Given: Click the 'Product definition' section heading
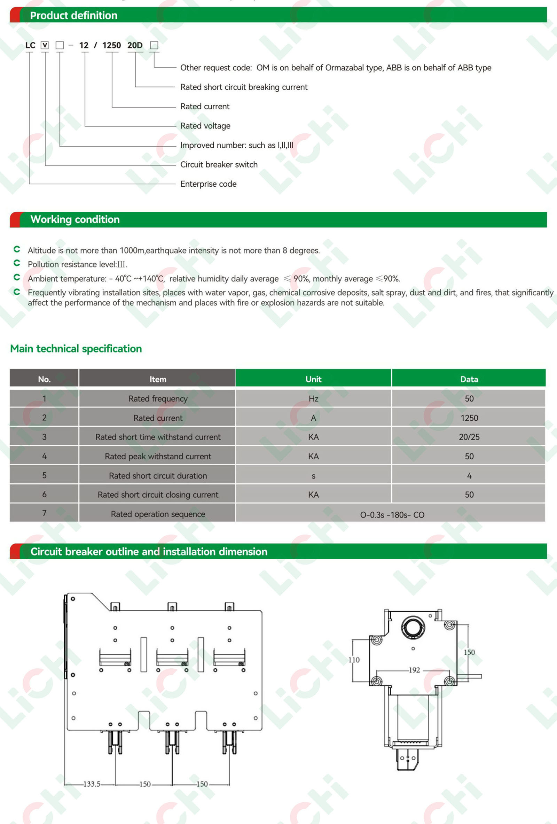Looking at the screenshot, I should tap(73, 15).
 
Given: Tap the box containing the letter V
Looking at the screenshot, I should tap(45, 45).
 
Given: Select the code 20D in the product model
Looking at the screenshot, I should tap(135, 45).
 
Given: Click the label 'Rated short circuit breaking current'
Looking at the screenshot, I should tap(244, 87).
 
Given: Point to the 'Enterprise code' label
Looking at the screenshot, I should tap(208, 184).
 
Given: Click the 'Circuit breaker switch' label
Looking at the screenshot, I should tap(219, 164).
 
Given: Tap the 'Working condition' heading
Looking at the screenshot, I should tap(75, 219).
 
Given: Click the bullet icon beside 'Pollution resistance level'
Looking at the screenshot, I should tap(17, 263).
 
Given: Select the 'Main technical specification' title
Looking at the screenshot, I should tap(76, 349).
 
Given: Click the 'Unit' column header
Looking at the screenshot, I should tap(313, 379).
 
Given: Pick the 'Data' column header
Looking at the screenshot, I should tap(469, 379).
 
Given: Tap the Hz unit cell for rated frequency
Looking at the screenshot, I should tap(313, 398).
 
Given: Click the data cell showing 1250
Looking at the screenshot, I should tap(469, 418).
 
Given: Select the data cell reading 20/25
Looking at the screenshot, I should tap(469, 437).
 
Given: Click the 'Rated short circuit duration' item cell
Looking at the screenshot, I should tap(158, 475).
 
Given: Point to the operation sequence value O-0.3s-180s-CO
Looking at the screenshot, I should tap(392, 514).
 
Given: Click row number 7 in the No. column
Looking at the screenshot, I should tap(44, 513).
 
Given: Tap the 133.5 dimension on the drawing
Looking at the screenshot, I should tap(92, 784).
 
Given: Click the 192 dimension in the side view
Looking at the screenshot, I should tap(414, 670).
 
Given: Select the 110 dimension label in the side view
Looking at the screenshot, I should tap(354, 660).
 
